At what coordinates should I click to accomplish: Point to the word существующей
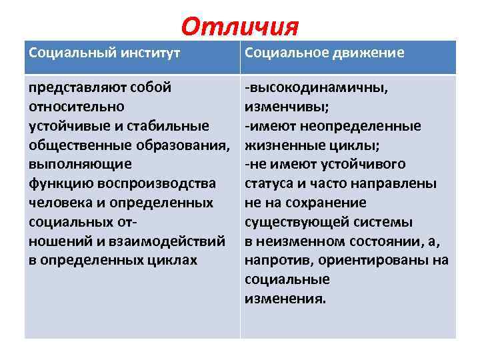290,222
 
